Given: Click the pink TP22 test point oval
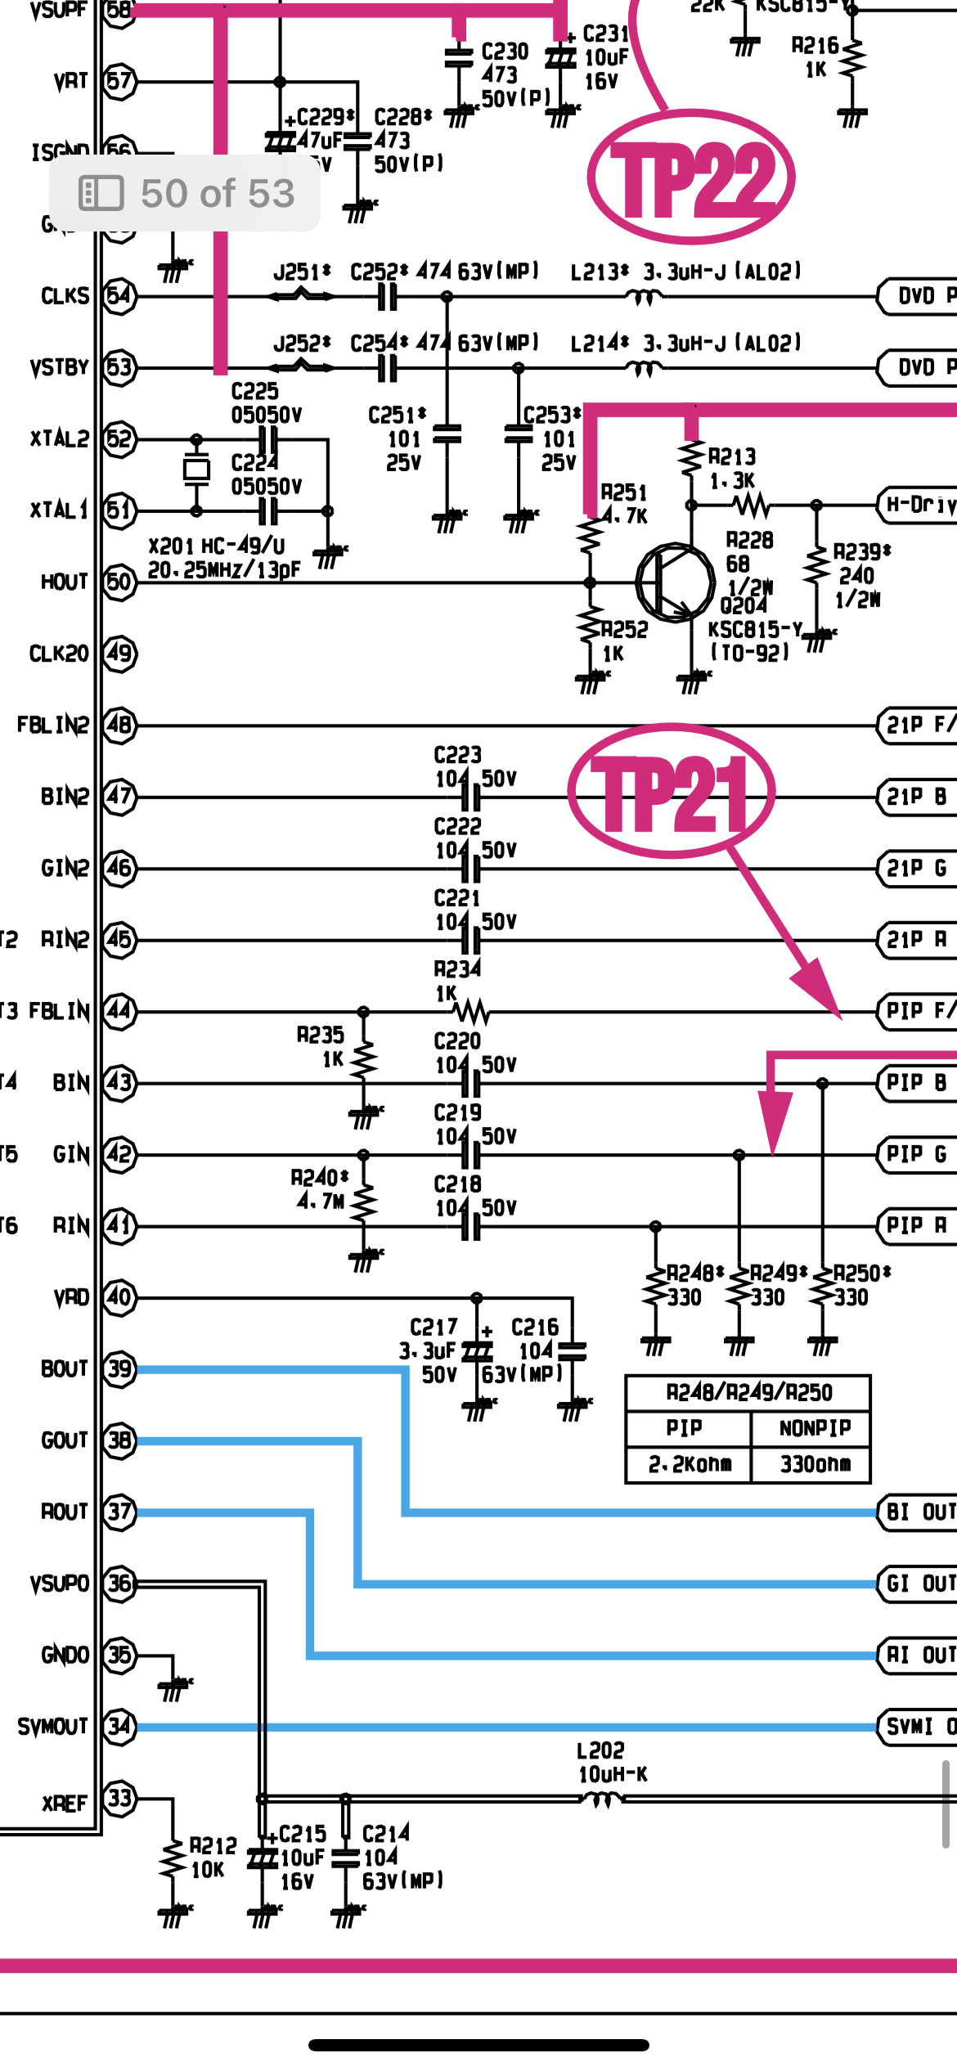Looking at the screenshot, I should tap(691, 177).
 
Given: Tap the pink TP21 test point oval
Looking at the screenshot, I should tap(672, 791).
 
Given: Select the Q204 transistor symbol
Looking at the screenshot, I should tap(675, 582).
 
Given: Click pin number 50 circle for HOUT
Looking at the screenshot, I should tap(119, 582).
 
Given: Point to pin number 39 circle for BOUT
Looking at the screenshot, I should tap(119, 1369).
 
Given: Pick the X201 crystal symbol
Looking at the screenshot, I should tap(196, 469).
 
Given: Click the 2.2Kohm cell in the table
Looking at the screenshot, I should tap(689, 1464).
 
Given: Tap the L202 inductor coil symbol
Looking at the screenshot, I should tap(602, 1799).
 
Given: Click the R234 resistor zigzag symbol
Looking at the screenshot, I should tap(472, 1013).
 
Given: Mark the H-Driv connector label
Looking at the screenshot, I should tap(919, 504).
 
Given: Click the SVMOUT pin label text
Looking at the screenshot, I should tap(52, 1727).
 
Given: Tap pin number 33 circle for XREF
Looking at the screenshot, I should tap(119, 1799).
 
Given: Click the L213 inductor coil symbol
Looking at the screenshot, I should tap(643, 296).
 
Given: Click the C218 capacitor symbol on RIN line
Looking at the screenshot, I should tap(471, 1226).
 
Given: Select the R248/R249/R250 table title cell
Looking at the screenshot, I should tap(748, 1392).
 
